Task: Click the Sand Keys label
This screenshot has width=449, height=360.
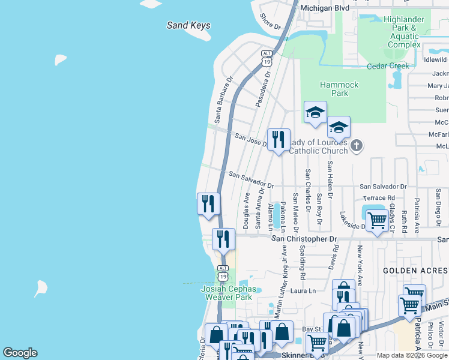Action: [x=188, y=26]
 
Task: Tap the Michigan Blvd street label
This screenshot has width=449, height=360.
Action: [x=325, y=8]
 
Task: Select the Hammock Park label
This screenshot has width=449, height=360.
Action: [x=340, y=89]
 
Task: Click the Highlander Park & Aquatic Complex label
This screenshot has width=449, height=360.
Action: [x=404, y=32]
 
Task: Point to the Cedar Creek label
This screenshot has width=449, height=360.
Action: [x=388, y=66]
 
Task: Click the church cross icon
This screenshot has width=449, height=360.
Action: [x=357, y=145]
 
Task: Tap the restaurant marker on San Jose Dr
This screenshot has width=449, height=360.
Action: [x=279, y=141]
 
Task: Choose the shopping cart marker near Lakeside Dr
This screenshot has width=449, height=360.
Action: [x=377, y=221]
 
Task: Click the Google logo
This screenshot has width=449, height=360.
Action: [x=20, y=353]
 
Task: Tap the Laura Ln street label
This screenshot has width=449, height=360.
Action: [x=304, y=291]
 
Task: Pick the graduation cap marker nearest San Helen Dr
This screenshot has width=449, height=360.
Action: [x=339, y=127]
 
